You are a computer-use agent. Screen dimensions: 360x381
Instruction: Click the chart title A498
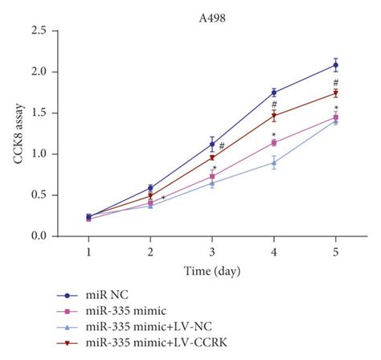click(x=212, y=14)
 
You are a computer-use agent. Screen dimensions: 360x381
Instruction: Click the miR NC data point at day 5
click(x=335, y=65)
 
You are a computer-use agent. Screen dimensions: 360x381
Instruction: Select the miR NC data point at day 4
click(x=274, y=92)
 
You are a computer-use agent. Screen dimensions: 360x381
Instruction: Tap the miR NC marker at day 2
click(x=150, y=188)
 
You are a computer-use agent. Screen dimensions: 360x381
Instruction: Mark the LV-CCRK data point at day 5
click(x=335, y=93)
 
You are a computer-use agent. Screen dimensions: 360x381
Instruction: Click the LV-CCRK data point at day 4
click(x=274, y=116)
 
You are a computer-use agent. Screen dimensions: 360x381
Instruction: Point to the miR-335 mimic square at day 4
click(x=274, y=143)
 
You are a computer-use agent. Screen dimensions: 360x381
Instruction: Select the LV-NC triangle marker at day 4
click(x=274, y=162)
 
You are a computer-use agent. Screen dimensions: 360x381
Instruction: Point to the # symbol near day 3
click(x=220, y=145)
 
